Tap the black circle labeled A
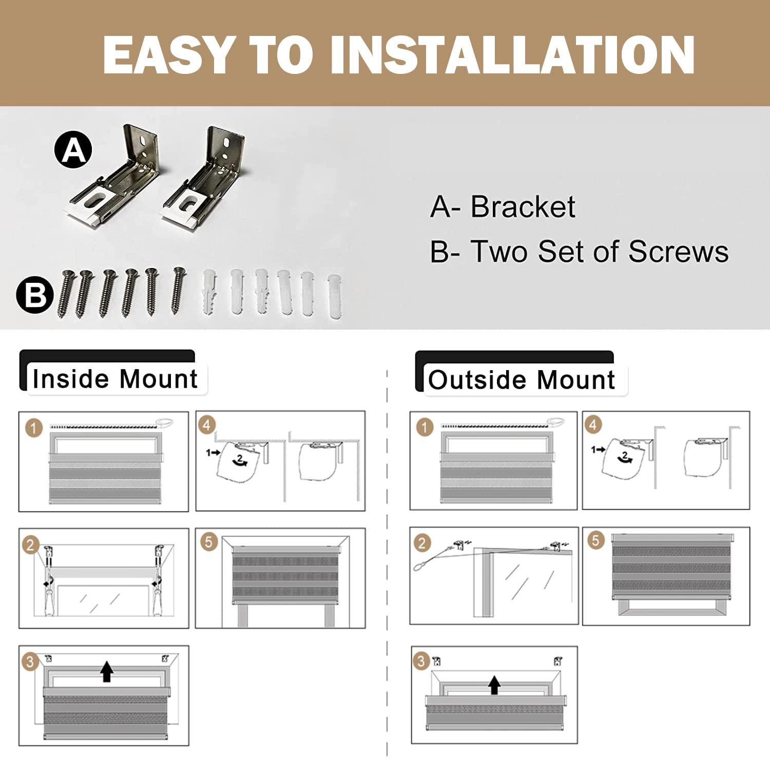(73, 150)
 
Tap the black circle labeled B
(35, 295)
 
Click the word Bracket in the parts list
(523, 206)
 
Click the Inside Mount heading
(115, 379)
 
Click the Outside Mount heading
(522, 380)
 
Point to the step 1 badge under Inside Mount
(34, 428)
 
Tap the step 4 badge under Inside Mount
(207, 425)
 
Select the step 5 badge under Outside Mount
(595, 540)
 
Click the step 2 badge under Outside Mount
(422, 543)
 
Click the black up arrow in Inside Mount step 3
(106, 671)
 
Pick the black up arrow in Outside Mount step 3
(494, 685)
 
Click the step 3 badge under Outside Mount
(421, 661)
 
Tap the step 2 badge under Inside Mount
(31, 545)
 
